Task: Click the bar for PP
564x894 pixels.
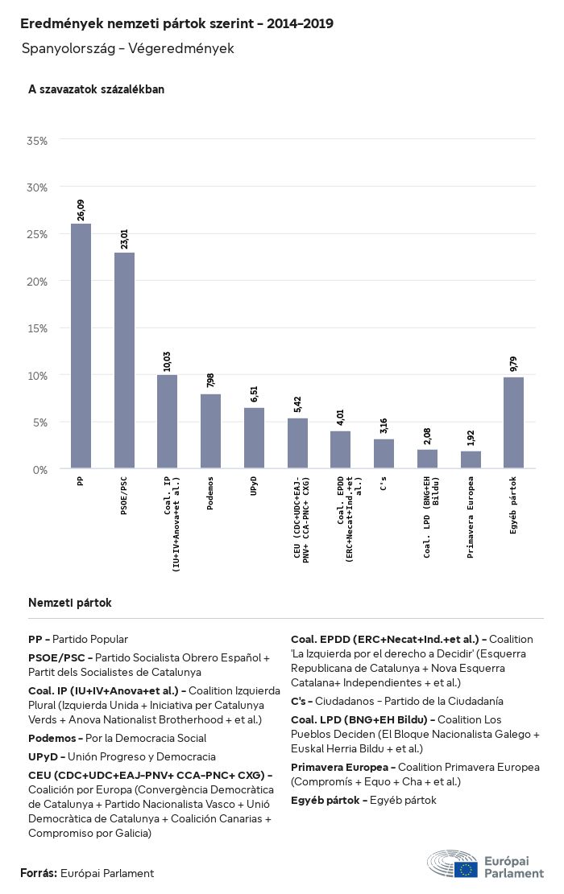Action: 81,346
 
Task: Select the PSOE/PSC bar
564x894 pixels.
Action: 124,360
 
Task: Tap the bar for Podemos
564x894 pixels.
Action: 210,431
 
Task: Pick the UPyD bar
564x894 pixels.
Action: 254,439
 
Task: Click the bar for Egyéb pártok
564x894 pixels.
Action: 513,423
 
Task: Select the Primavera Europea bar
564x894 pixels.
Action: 471,459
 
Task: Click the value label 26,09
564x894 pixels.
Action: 81,210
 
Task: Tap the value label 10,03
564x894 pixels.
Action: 168,361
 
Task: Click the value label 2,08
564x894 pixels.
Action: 427,435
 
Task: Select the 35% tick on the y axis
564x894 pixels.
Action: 38,141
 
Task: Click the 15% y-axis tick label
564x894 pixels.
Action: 38,328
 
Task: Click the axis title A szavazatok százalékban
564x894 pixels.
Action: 96,89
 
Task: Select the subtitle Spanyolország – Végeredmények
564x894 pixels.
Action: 127,49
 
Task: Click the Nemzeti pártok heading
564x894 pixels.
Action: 69,603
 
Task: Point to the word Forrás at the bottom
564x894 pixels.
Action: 38,873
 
